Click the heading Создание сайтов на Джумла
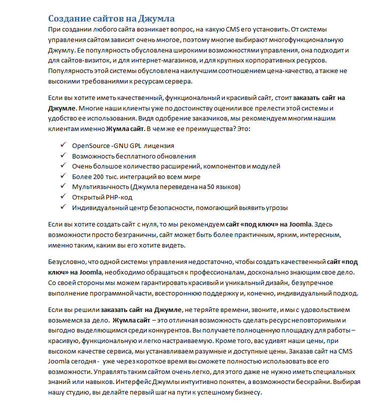click(x=111, y=19)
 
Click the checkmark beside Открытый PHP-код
click(x=63, y=197)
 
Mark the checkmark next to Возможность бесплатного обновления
click(x=63, y=155)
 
